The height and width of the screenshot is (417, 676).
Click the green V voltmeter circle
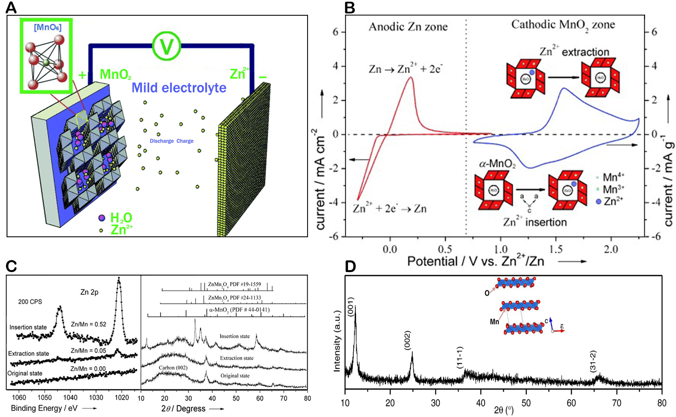pyautogui.click(x=166, y=46)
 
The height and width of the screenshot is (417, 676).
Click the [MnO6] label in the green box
pyautogui.click(x=47, y=27)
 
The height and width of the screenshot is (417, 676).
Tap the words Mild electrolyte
pyautogui.click(x=179, y=88)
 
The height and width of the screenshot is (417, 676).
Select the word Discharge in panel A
pyautogui.click(x=161, y=141)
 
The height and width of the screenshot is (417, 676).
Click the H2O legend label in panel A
pyautogui.click(x=121, y=218)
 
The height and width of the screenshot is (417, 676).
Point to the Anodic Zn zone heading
pyautogui.click(x=408, y=27)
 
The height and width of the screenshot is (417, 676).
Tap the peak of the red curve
pyautogui.click(x=411, y=77)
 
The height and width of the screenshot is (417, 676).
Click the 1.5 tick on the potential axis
pyautogui.click(x=556, y=249)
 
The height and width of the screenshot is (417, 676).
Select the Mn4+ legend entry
pyautogui.click(x=613, y=177)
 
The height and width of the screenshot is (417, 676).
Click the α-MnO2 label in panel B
pyautogui.click(x=497, y=164)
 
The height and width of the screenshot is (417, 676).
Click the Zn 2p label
pyautogui.click(x=89, y=292)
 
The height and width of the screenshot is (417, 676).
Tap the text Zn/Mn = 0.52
pyautogui.click(x=89, y=324)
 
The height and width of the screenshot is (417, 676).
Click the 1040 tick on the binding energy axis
pyautogui.click(x=70, y=398)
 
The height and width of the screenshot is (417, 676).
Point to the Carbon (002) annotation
pyautogui.click(x=173, y=368)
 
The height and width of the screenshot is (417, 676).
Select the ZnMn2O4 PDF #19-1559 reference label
pyautogui.click(x=234, y=284)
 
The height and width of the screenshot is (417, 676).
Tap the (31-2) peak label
pyautogui.click(x=593, y=361)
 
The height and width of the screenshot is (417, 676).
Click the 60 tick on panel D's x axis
pyautogui.click(x=571, y=403)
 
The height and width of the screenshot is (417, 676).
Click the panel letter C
pyautogui.click(x=11, y=266)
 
